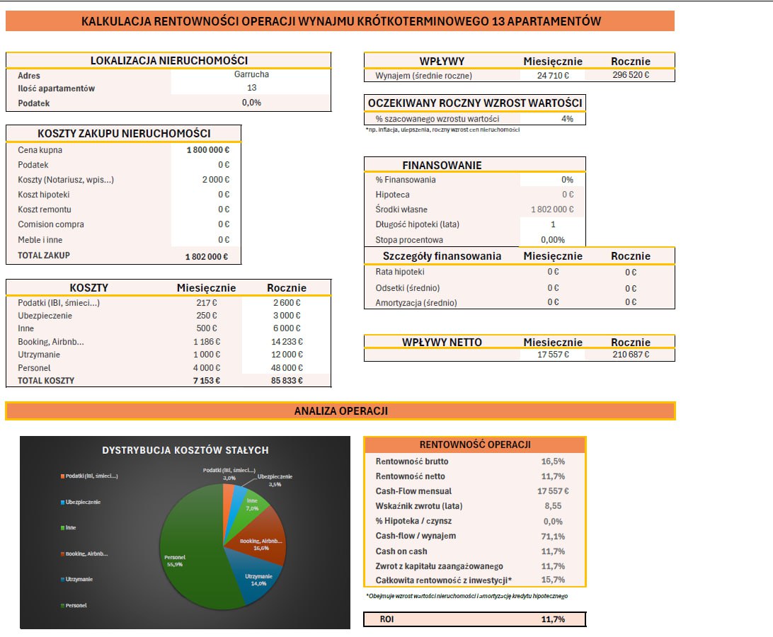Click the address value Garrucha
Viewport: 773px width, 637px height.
pyautogui.click(x=251, y=74)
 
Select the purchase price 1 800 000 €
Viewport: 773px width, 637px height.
pyautogui.click(x=207, y=150)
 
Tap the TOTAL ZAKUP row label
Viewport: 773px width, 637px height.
pyautogui.click(x=44, y=256)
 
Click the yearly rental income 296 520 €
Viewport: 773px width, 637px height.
pyautogui.click(x=631, y=75)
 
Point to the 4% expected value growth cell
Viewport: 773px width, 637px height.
pyautogui.click(x=567, y=119)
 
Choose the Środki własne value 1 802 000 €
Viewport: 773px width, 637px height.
pyautogui.click(x=552, y=210)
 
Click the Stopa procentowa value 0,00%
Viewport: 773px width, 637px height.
pyautogui.click(x=553, y=240)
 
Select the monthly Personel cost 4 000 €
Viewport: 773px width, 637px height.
pyautogui.click(x=207, y=368)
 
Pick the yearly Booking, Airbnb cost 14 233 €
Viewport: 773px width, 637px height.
pyautogui.click(x=287, y=342)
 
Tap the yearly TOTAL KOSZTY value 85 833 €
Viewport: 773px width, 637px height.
pyautogui.click(x=287, y=381)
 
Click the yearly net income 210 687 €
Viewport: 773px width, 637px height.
pyautogui.click(x=631, y=355)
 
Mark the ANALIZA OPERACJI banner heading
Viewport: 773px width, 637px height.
pyautogui.click(x=341, y=411)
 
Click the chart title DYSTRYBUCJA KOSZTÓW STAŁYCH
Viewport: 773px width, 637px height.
pyautogui.click(x=185, y=450)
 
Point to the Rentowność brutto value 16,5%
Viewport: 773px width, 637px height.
pyautogui.click(x=553, y=461)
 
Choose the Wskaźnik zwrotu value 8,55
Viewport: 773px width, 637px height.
pyautogui.click(x=553, y=506)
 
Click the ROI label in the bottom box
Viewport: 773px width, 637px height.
pyautogui.click(x=387, y=619)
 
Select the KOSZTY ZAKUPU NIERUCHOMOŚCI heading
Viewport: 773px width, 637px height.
pyautogui.click(x=125, y=134)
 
